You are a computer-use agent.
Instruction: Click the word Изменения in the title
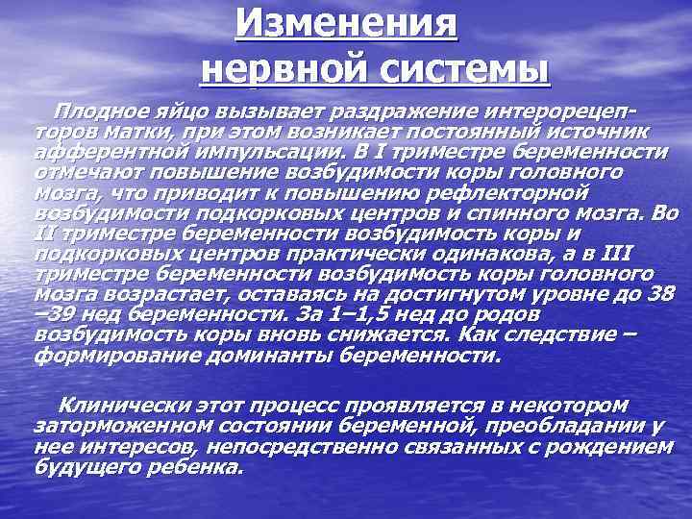click(x=347, y=21)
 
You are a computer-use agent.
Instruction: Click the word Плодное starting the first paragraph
click(x=98, y=111)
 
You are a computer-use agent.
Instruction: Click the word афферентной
click(x=113, y=153)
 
